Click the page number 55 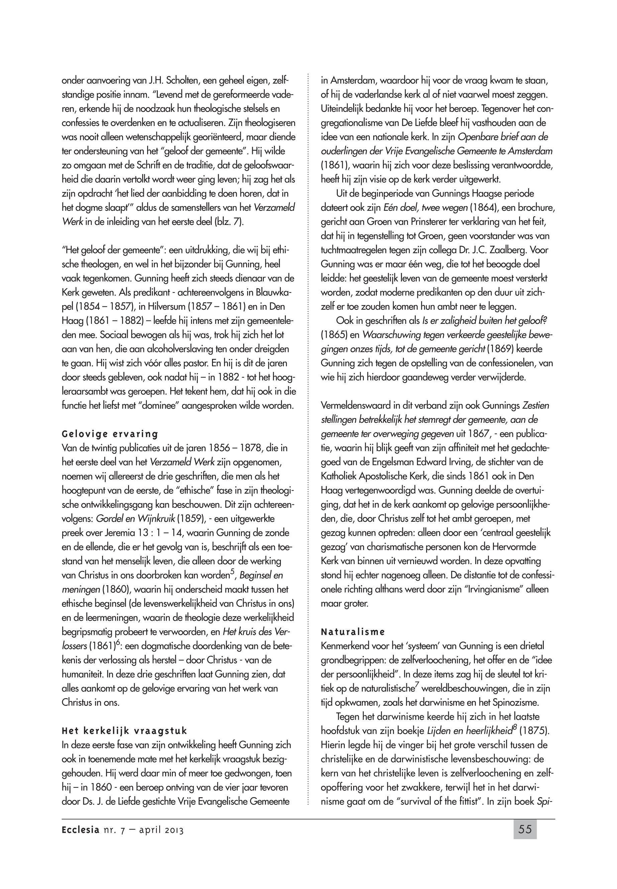525,829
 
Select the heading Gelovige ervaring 110,434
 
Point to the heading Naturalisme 352,632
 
